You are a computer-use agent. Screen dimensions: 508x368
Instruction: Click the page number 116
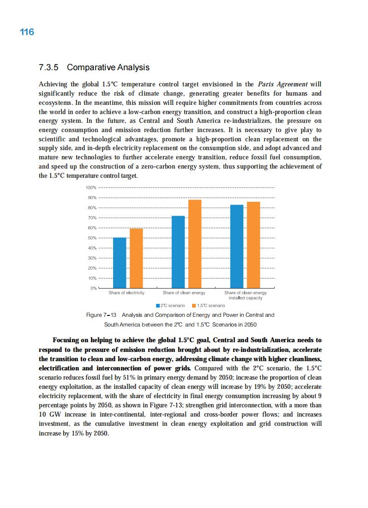point(27,32)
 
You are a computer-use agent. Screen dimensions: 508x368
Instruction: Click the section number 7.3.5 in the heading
point(49,67)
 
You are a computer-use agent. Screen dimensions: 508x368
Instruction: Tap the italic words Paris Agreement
point(283,84)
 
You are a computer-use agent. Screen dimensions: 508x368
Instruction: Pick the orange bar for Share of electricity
point(136,258)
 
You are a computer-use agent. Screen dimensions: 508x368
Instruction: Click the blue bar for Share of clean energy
point(178,252)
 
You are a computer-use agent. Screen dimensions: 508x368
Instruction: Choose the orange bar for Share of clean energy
point(195,244)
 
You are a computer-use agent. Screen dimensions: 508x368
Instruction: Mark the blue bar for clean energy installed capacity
point(237,246)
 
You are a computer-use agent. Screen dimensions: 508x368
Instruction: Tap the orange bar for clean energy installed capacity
point(253,245)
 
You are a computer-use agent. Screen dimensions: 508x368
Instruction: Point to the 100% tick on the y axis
point(90,187)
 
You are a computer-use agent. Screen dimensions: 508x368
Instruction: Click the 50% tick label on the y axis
point(91,238)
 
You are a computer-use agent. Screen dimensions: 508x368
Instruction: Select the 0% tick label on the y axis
point(93,288)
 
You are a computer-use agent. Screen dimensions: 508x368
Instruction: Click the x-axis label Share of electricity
point(127,293)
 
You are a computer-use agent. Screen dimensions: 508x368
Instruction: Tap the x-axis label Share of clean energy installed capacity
point(245,295)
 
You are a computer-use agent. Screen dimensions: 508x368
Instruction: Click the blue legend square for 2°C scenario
point(158,306)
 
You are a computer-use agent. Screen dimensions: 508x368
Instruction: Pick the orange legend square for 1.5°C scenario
point(194,306)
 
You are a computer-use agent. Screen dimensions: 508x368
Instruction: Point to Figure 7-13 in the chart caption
point(102,315)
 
